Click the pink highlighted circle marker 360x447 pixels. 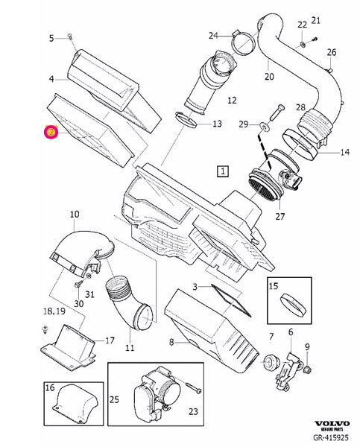click(x=51, y=132)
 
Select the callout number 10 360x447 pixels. click(x=75, y=215)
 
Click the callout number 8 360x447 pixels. click(x=171, y=342)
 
